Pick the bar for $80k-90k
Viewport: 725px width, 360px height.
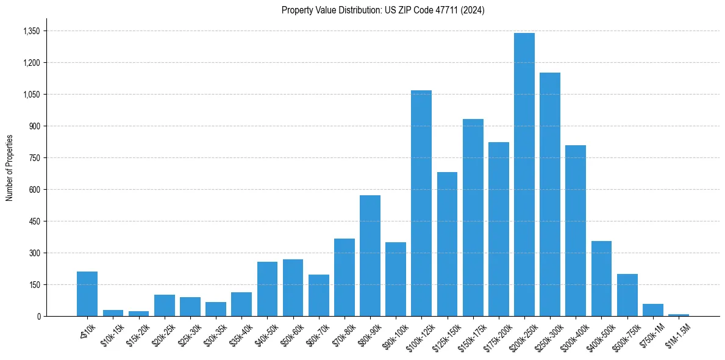pos(370,256)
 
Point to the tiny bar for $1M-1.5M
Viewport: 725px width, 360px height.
pos(678,315)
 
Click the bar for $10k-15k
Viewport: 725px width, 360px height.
pos(113,313)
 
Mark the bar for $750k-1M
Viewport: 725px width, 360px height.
pos(652,310)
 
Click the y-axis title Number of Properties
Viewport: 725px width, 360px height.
pos(9,168)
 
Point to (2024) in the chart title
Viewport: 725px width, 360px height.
pos(473,10)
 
